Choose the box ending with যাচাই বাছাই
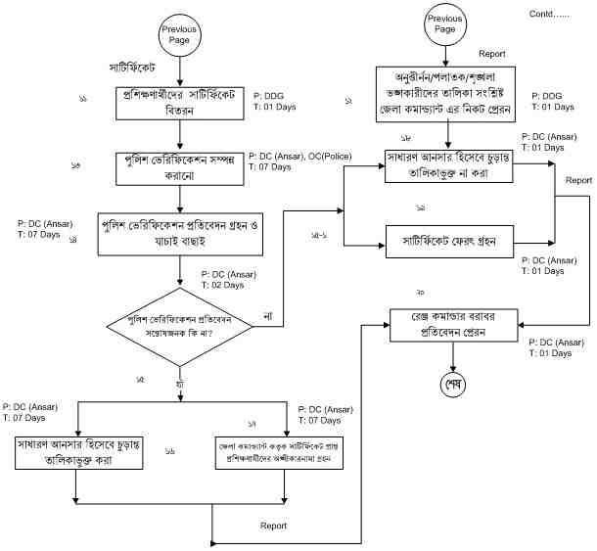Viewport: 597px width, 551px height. (178, 230)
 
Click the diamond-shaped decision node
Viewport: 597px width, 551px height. (178, 327)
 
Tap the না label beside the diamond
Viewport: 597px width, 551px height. (269, 315)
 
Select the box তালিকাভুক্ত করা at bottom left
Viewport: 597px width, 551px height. (75, 452)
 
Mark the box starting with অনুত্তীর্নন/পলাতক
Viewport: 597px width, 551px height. (446, 90)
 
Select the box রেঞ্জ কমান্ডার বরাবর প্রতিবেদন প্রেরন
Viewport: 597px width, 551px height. (451, 324)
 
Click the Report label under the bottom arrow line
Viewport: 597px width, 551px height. (274, 526)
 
